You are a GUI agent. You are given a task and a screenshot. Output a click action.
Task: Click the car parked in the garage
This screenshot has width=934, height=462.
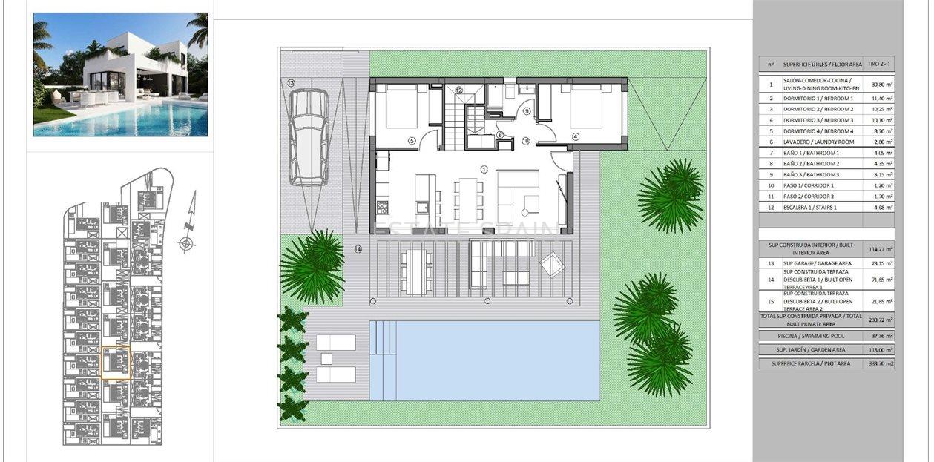[308, 137]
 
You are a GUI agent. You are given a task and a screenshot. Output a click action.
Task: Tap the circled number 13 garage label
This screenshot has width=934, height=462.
[291, 82]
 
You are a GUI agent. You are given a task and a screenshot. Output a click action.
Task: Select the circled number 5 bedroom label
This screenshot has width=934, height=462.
[412, 139]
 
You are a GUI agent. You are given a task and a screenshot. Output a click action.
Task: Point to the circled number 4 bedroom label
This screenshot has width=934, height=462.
[576, 136]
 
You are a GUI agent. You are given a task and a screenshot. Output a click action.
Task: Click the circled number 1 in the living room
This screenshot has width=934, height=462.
[484, 169]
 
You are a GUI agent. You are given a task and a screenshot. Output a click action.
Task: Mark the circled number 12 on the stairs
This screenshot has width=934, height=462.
[459, 90]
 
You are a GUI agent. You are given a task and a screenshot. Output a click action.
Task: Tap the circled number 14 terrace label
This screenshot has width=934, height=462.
[358, 249]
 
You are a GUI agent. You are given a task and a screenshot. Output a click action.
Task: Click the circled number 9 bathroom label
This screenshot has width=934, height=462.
[527, 111]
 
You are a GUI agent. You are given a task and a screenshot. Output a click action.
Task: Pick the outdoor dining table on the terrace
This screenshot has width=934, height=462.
[416, 270]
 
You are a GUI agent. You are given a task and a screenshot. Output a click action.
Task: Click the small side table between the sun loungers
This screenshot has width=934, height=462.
[324, 359]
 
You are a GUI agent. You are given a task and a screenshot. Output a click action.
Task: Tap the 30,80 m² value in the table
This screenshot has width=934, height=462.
[879, 86]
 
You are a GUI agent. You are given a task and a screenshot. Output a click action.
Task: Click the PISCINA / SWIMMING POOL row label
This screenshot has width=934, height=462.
[810, 336]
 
